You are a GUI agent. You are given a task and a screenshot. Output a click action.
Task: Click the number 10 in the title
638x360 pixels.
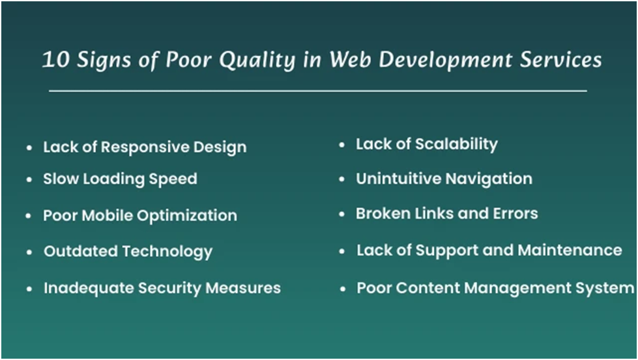coord(53,60)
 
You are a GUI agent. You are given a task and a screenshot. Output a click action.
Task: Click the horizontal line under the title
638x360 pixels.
coord(318,91)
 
